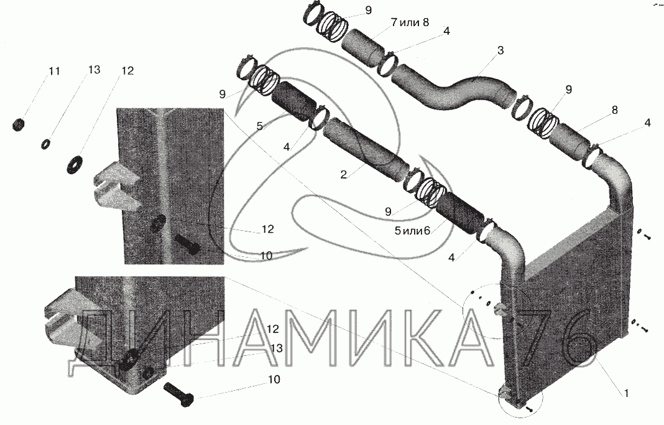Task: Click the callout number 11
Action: tap(54, 72)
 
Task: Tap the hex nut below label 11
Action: tap(19, 124)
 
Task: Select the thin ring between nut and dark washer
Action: tap(45, 144)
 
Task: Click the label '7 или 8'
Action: tap(410, 22)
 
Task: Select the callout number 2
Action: tap(343, 175)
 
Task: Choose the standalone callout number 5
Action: tap(260, 125)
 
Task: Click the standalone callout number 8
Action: tap(614, 110)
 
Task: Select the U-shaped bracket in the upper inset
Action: tap(115, 187)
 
